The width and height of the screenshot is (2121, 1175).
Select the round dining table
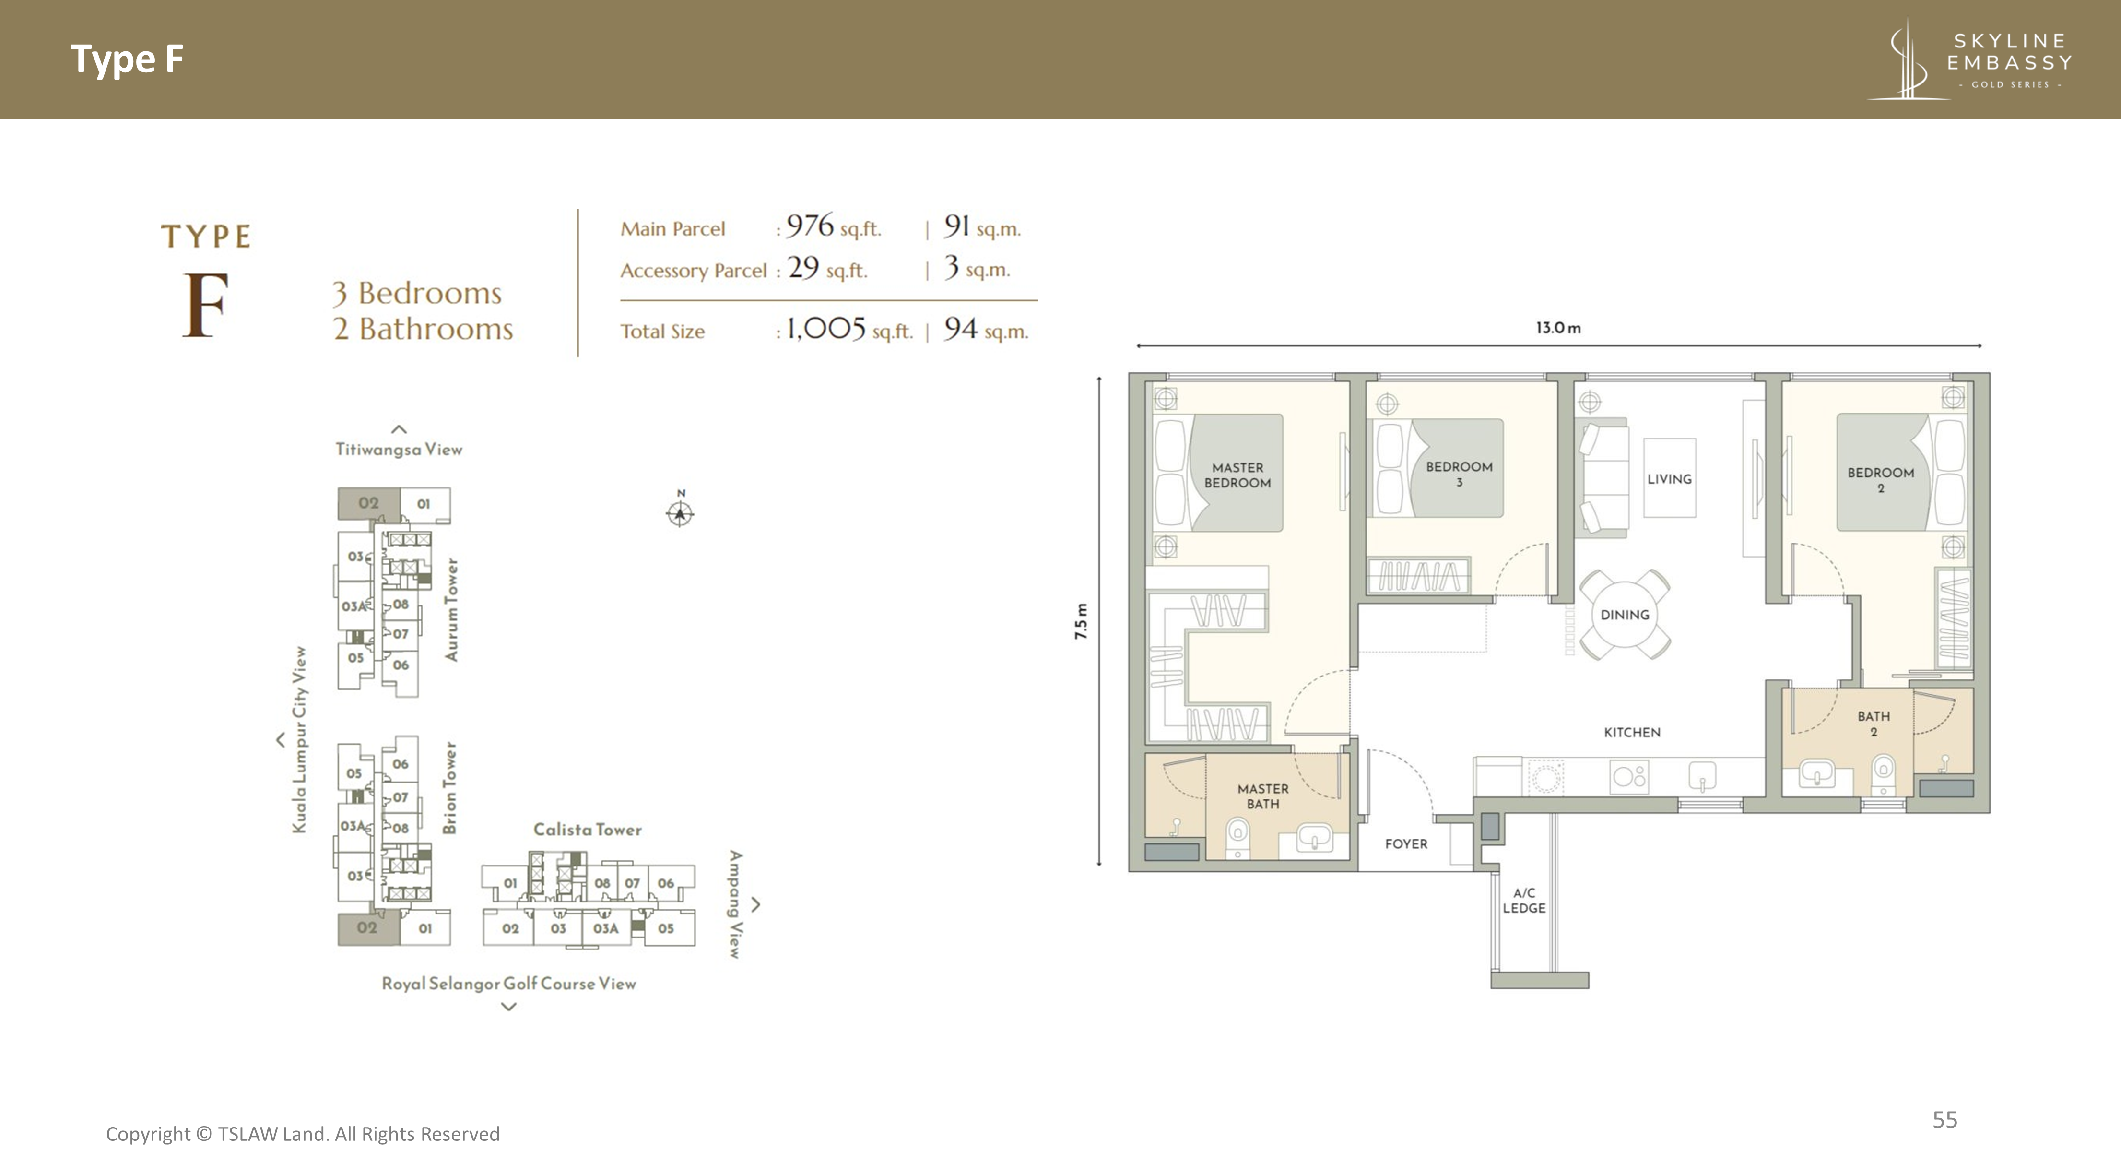(x=1625, y=614)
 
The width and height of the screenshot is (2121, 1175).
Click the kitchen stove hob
(x=1628, y=776)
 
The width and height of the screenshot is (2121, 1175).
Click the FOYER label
(x=1405, y=844)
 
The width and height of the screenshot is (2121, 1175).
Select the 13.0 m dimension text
(x=1558, y=328)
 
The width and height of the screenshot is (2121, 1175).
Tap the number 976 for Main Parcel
(x=810, y=225)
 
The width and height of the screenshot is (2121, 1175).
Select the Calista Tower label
(x=587, y=829)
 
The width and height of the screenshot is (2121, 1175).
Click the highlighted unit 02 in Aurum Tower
(x=368, y=503)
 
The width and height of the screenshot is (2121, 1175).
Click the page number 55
(x=1945, y=1120)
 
